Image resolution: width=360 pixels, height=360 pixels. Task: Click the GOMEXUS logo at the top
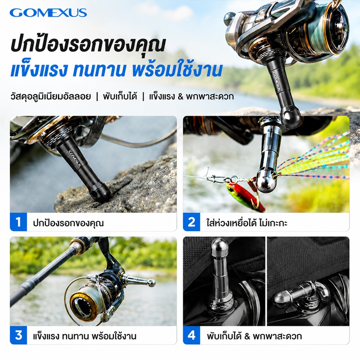click(48, 13)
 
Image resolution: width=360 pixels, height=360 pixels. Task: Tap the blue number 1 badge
click(18, 222)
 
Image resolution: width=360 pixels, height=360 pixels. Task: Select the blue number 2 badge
click(192, 222)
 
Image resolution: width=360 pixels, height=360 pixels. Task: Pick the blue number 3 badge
click(18, 335)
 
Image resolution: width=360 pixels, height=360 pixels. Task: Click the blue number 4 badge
click(192, 335)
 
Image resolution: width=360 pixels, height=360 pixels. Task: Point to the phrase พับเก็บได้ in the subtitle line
click(120, 96)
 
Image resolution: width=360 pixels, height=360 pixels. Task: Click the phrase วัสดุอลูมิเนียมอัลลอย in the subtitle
click(50, 96)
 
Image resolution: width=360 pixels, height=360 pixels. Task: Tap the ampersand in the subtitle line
click(181, 96)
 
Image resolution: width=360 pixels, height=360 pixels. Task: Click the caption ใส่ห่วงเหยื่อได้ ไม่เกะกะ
click(247, 223)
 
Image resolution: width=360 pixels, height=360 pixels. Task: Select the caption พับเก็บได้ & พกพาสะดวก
click(254, 336)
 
